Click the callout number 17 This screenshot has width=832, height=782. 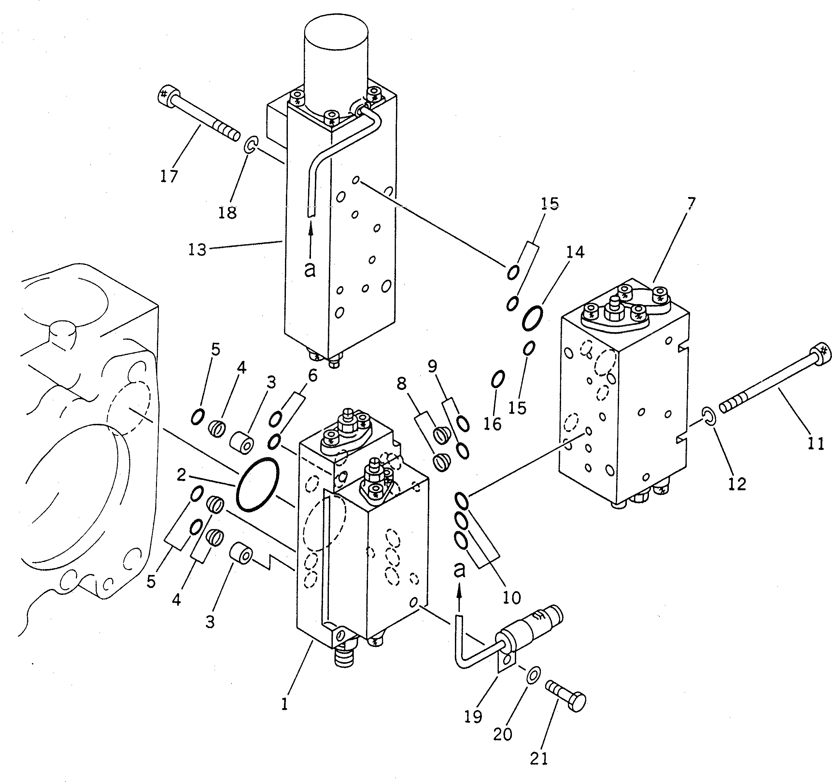coord(169,176)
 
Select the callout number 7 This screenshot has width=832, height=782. coord(691,203)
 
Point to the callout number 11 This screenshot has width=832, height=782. coord(816,443)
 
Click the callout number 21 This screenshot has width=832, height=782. coord(539,758)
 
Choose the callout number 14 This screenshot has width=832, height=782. coord(575,252)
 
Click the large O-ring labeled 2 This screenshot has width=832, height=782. coord(257,484)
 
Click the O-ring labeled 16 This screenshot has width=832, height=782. coord(498,379)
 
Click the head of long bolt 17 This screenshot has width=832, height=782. coord(168,97)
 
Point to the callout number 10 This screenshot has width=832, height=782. coord(512,598)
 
